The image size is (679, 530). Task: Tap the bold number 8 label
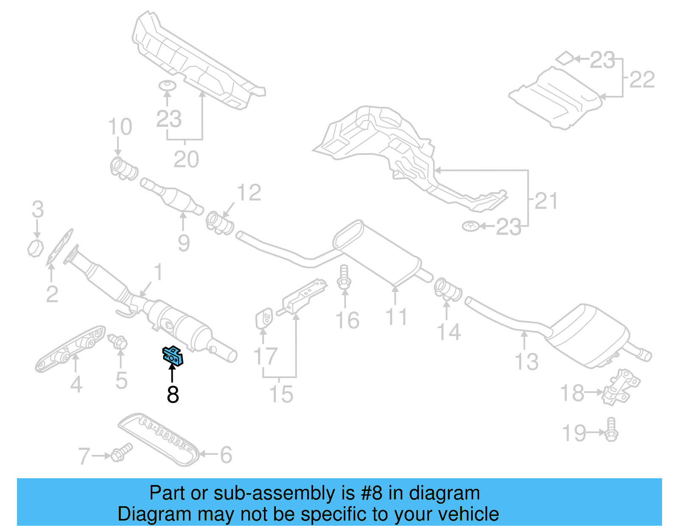173,395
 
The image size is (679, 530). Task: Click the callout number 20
186,160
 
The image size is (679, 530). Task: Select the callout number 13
526,362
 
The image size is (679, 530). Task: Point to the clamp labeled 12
219,223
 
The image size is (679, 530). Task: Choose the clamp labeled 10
123,168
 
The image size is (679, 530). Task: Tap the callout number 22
642,80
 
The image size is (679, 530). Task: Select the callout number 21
546,201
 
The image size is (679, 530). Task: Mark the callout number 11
396,317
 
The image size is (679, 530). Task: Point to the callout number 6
226,455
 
